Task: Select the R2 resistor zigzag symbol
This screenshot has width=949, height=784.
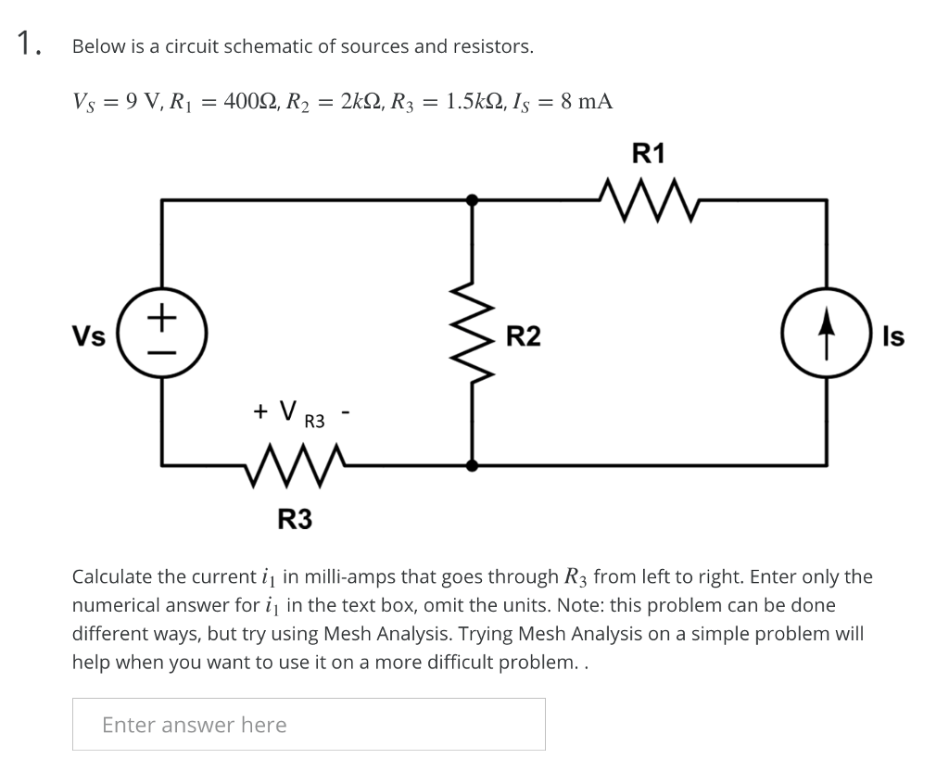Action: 475,335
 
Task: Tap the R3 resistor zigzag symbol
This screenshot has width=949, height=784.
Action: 296,462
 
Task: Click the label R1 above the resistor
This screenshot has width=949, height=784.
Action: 648,153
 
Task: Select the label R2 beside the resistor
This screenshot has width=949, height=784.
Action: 524,336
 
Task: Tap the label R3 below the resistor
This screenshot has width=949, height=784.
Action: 295,520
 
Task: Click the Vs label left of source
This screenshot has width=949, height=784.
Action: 89,336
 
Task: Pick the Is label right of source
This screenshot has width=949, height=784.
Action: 893,336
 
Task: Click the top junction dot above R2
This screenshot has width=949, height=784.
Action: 473,199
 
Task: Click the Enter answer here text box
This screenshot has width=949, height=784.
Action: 309,724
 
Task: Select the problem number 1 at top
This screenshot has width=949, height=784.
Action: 28,43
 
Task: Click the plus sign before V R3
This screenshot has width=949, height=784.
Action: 260,411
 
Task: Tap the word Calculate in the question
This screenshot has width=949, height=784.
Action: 112,576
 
